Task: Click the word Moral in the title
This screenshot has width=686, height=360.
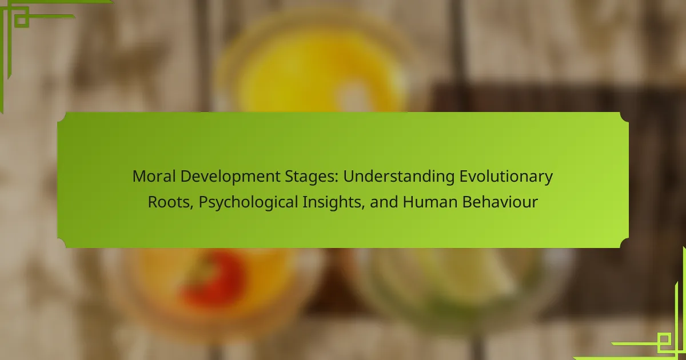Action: (154, 177)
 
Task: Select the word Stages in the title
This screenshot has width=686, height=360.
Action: (310, 177)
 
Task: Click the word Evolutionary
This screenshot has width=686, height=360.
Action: (506, 177)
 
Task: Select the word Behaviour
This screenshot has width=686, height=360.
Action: (500, 202)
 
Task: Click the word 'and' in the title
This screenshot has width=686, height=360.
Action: (384, 202)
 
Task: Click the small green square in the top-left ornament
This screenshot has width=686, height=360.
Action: (22, 19)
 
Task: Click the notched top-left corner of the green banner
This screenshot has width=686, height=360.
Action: (62, 117)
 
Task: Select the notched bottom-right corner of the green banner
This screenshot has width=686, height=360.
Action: (624, 243)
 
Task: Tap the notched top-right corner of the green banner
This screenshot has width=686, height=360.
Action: (624, 117)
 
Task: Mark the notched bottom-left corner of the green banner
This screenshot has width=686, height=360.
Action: (62, 243)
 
